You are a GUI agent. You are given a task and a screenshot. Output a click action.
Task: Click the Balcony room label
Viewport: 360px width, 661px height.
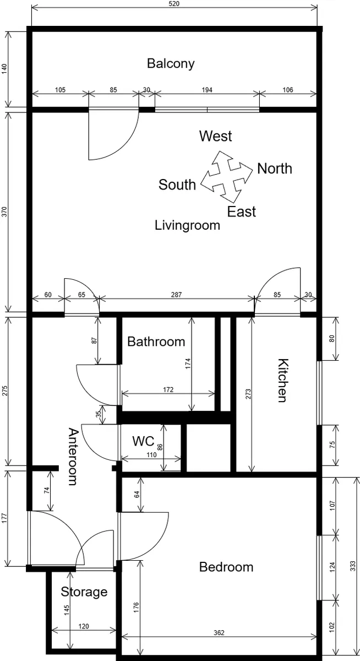[x=171, y=64]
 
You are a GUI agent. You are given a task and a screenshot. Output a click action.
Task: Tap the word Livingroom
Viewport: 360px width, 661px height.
[x=188, y=226]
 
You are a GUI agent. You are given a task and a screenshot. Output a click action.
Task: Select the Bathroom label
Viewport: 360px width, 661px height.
[x=156, y=342]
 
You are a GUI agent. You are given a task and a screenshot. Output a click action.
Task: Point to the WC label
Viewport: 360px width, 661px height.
[x=143, y=441]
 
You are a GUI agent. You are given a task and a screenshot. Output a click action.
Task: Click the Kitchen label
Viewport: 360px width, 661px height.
[x=283, y=381]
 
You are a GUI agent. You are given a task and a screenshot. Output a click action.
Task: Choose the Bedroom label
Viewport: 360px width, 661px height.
[x=226, y=567]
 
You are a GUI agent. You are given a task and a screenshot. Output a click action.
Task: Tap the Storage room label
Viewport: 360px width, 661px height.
[x=84, y=592]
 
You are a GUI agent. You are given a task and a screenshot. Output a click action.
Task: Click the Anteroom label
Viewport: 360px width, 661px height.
[x=73, y=457]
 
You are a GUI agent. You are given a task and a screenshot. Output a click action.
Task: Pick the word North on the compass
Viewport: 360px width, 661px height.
[x=275, y=169]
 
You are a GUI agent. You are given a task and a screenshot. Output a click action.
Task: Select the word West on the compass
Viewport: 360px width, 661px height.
[x=216, y=136]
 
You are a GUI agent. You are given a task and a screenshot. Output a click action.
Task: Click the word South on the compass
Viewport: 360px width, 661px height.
[x=177, y=185]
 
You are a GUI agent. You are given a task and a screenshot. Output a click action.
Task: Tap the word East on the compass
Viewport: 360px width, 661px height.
[x=242, y=212]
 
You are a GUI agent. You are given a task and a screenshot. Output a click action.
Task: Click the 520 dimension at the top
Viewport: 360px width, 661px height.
[x=174, y=3]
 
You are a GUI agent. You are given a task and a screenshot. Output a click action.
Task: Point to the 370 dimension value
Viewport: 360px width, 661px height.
[x=4, y=212]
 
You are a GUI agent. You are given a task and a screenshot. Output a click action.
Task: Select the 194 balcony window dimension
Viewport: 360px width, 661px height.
[x=207, y=90]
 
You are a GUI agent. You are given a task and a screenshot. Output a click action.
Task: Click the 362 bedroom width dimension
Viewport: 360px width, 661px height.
[x=219, y=633]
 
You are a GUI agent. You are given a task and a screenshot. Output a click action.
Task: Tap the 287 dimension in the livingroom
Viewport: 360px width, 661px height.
[x=176, y=295]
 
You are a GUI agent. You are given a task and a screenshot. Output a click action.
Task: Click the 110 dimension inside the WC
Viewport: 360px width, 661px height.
[x=151, y=455]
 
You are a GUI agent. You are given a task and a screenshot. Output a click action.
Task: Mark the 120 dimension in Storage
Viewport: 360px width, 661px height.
[x=84, y=626]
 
